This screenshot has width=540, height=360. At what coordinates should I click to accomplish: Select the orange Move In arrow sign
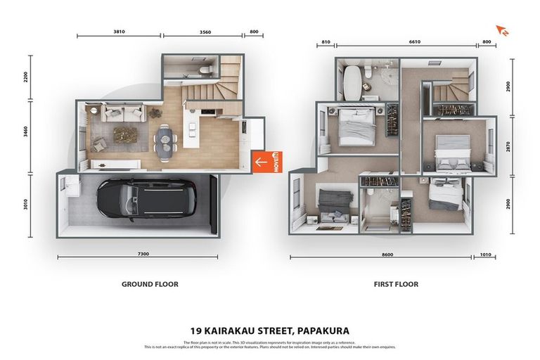pos(266,161)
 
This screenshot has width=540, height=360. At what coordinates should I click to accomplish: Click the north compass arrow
pos(502,30)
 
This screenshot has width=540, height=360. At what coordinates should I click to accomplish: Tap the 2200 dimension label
pos(27,77)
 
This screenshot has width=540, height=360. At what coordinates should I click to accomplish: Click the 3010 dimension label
pos(27,205)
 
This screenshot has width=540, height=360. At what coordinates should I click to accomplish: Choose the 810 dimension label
pos(325,41)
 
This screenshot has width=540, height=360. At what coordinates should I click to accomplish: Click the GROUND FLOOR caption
pos(150,285)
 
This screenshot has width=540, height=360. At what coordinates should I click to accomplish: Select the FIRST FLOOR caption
pos(396,285)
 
